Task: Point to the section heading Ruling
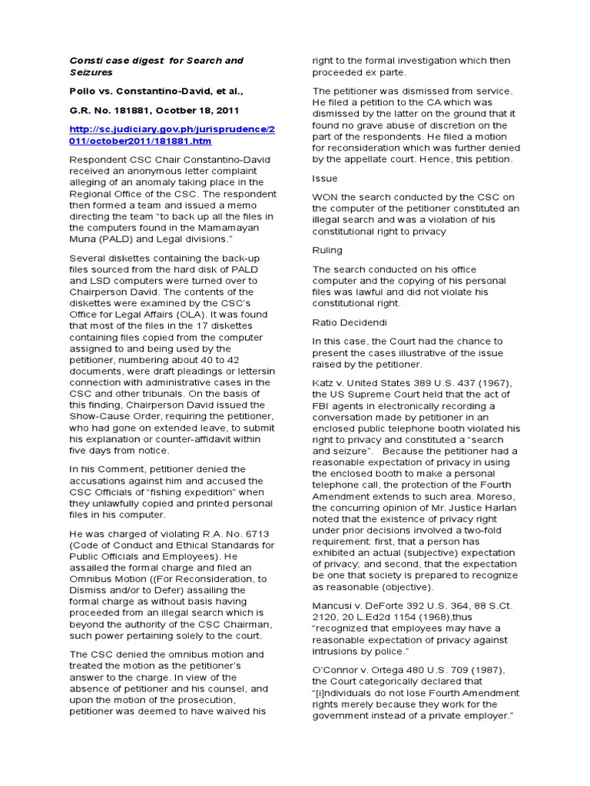(x=326, y=249)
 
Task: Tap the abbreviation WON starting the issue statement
(x=326, y=196)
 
